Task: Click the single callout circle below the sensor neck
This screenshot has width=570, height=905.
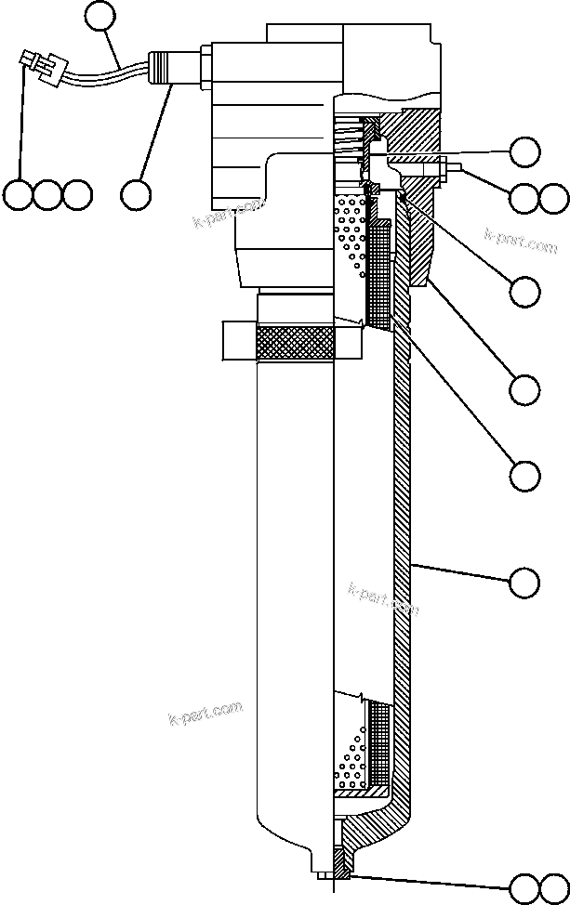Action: coord(136,194)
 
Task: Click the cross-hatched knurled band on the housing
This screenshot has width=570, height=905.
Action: coord(295,344)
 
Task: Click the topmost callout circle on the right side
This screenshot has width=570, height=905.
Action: coord(524,151)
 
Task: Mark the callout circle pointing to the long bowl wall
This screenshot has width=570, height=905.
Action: coord(524,582)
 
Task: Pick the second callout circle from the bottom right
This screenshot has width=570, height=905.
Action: coord(524,476)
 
